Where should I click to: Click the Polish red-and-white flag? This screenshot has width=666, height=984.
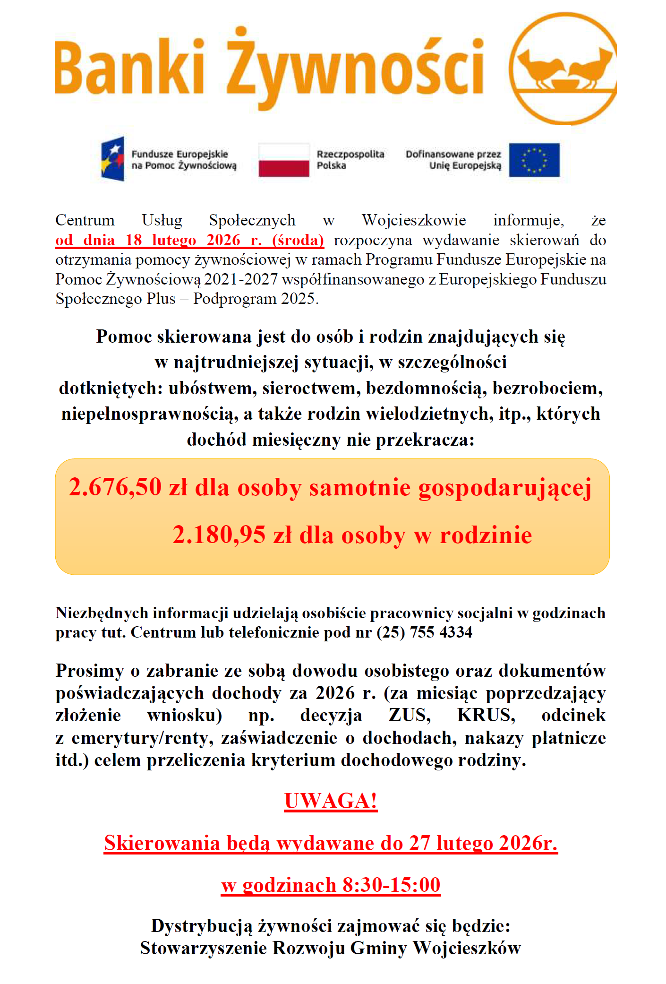(x=284, y=160)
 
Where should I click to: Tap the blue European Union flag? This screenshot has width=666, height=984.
(x=534, y=160)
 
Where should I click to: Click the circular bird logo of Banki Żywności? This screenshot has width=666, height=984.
(x=564, y=69)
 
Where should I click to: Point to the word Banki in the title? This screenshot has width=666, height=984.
(x=130, y=68)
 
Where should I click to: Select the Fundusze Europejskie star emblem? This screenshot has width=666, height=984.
(x=113, y=159)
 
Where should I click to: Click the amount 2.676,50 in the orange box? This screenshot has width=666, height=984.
(x=115, y=487)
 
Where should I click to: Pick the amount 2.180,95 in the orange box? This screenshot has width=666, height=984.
(x=219, y=535)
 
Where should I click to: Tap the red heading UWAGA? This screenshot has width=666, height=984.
(x=331, y=801)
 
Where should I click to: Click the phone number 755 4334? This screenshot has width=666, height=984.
(x=441, y=632)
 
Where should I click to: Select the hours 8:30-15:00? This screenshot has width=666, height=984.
(x=392, y=885)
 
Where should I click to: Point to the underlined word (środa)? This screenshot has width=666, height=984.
(x=298, y=240)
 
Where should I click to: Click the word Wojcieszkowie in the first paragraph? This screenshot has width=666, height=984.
(x=414, y=220)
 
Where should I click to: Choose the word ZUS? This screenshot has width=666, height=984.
(x=410, y=715)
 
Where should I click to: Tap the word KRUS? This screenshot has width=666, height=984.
(x=486, y=715)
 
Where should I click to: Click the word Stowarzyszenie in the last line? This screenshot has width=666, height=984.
(x=203, y=948)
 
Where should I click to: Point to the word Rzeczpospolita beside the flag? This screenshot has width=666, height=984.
(x=350, y=154)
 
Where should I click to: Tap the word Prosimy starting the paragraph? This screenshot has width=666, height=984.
(x=89, y=671)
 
